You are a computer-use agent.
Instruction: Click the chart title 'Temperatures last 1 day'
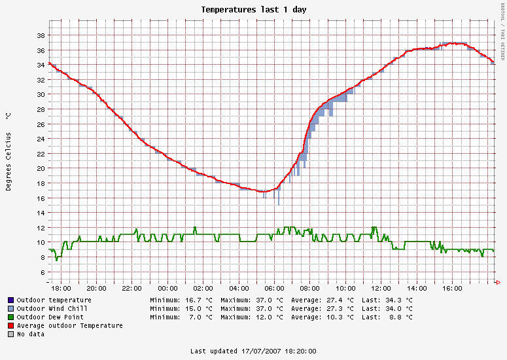pos(253,10)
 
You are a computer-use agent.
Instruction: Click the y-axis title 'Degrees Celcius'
pos(9,161)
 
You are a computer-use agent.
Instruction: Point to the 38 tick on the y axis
pos(40,35)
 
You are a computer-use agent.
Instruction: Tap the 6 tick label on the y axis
pos(42,272)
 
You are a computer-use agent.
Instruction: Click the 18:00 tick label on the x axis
pos(61,288)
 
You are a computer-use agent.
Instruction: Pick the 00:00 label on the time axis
pos(167,288)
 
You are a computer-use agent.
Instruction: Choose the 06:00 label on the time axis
pos(275,288)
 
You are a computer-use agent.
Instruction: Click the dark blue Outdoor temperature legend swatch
pos(11,300)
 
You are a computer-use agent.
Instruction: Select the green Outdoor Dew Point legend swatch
pos(11,317)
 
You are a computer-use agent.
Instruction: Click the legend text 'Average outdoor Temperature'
pos(70,325)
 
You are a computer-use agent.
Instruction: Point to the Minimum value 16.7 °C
pos(200,300)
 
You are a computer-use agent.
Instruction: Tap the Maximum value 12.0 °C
pos(270,317)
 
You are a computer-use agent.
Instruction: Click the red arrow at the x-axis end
pos(498,282)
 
